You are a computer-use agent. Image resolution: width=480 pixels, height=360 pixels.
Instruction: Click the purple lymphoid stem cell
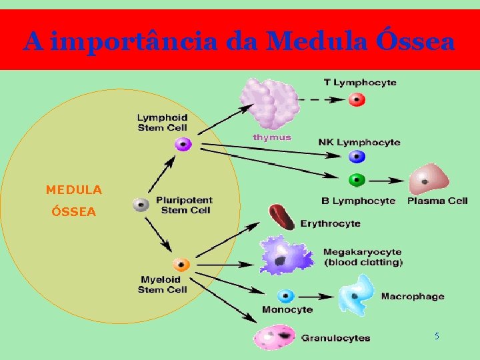click(183, 144)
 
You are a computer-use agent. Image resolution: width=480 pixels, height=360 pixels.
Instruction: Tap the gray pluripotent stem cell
click(141, 205)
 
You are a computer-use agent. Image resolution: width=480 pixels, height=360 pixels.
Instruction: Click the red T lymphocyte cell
click(357, 100)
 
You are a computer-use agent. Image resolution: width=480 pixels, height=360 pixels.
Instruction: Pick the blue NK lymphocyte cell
click(357, 157)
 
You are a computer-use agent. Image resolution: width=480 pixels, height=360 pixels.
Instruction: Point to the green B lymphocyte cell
click(357, 180)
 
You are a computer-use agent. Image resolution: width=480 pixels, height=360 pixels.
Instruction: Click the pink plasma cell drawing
click(428, 179)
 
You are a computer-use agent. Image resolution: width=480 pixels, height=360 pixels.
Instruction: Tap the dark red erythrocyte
click(281, 217)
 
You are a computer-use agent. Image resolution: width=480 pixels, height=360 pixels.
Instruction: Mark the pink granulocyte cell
click(275, 337)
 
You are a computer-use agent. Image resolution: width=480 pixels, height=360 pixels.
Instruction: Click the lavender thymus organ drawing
click(269, 103)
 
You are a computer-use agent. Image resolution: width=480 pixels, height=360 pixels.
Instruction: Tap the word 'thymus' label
click(272, 137)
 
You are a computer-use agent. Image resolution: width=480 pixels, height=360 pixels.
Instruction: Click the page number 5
click(437, 337)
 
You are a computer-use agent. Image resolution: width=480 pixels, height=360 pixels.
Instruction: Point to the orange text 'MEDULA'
click(74, 190)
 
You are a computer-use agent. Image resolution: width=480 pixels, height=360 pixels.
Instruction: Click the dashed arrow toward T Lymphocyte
click(320, 100)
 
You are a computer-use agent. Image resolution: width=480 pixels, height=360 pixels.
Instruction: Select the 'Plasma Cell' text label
click(437, 201)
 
